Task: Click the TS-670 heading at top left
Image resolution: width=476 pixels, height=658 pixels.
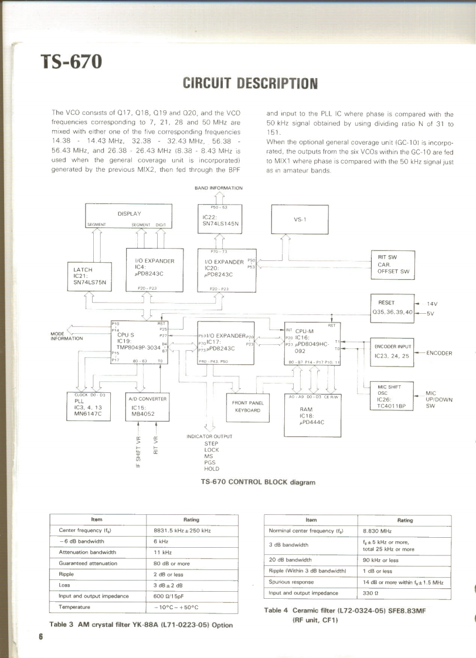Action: [x=71, y=61]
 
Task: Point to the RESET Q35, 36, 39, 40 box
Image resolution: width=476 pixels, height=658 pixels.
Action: [x=392, y=307]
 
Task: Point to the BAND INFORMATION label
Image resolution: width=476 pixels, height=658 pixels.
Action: [x=218, y=188]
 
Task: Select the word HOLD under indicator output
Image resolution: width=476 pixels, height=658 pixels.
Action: [x=212, y=469]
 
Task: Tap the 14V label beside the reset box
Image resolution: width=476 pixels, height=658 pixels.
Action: [x=433, y=303]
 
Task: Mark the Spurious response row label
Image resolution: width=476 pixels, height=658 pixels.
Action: [x=291, y=582]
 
